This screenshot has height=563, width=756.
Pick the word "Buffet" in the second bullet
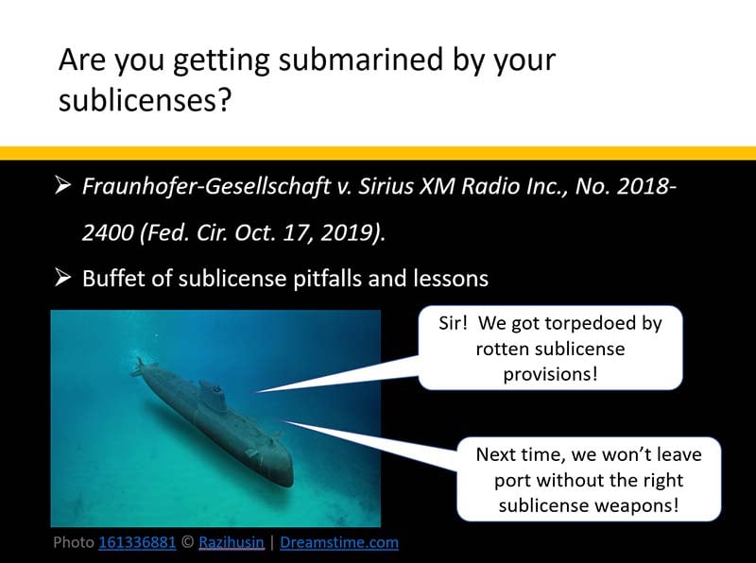111,279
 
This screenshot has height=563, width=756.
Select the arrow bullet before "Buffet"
64,279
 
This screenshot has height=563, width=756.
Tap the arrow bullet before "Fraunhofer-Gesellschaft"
64,186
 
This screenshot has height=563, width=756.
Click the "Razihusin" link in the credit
232,542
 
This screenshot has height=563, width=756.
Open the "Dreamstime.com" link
339,542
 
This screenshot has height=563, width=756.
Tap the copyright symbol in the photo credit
187,542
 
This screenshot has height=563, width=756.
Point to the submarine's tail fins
142,367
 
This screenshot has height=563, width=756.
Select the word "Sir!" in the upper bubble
455,324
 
